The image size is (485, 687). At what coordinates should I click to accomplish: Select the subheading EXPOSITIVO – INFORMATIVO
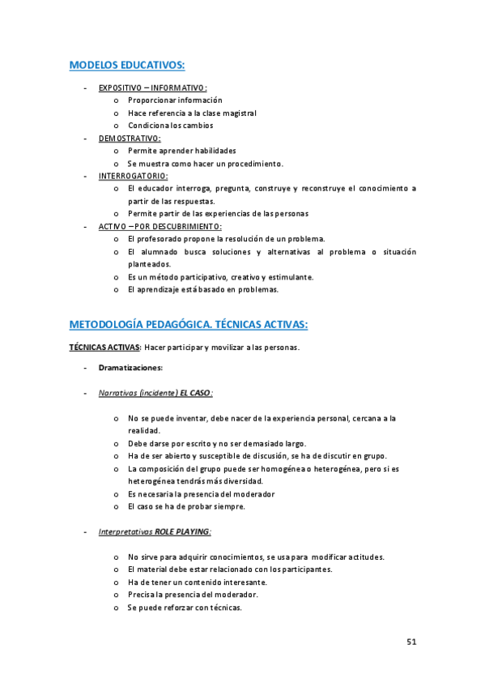click(x=152, y=87)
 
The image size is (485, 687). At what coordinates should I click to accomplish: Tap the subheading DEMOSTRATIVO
click(x=130, y=139)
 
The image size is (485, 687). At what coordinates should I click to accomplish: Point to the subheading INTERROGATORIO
click(x=134, y=176)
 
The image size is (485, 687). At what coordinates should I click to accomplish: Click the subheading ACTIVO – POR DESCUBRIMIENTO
click(x=160, y=226)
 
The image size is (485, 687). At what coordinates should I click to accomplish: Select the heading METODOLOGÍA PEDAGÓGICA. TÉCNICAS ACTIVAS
click(x=189, y=324)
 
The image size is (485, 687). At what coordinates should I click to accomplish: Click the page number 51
click(x=411, y=642)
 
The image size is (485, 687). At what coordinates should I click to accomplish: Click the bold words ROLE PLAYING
click(x=182, y=531)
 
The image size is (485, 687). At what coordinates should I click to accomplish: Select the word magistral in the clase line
click(x=237, y=113)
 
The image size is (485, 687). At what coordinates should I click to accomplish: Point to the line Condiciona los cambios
click(x=170, y=126)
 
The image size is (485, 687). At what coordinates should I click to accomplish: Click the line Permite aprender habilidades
click(x=182, y=151)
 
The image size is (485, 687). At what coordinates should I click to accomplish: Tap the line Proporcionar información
click(x=175, y=100)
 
